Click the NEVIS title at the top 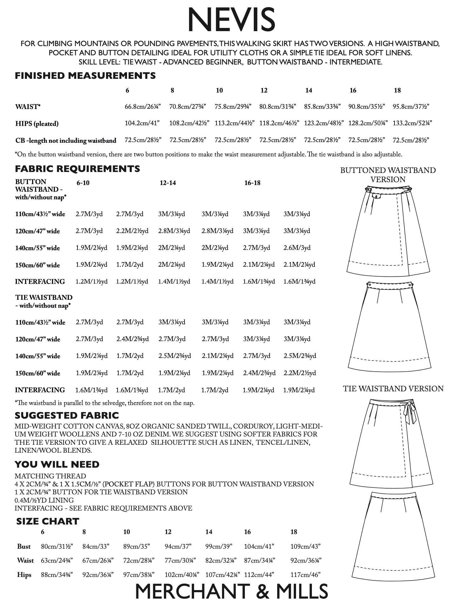coord(231,20)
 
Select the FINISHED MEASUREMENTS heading coord(85,76)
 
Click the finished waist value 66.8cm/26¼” coord(143,107)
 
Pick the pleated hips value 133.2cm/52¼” coord(412,123)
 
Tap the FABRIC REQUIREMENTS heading coord(77,168)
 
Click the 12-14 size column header coord(168,183)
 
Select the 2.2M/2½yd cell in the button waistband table coord(132,231)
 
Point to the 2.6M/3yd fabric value coord(297,248)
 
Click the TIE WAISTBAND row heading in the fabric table coord(44,298)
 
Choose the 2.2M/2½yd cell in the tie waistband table coord(300,373)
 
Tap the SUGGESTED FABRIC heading coord(67,415)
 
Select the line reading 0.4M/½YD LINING coord(44,500)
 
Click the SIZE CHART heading coord(48,521)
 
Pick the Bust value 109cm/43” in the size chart coord(305,546)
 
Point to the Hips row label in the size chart coord(24,575)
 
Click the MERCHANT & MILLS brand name coord(231,591)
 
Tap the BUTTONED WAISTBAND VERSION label coord(388,175)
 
